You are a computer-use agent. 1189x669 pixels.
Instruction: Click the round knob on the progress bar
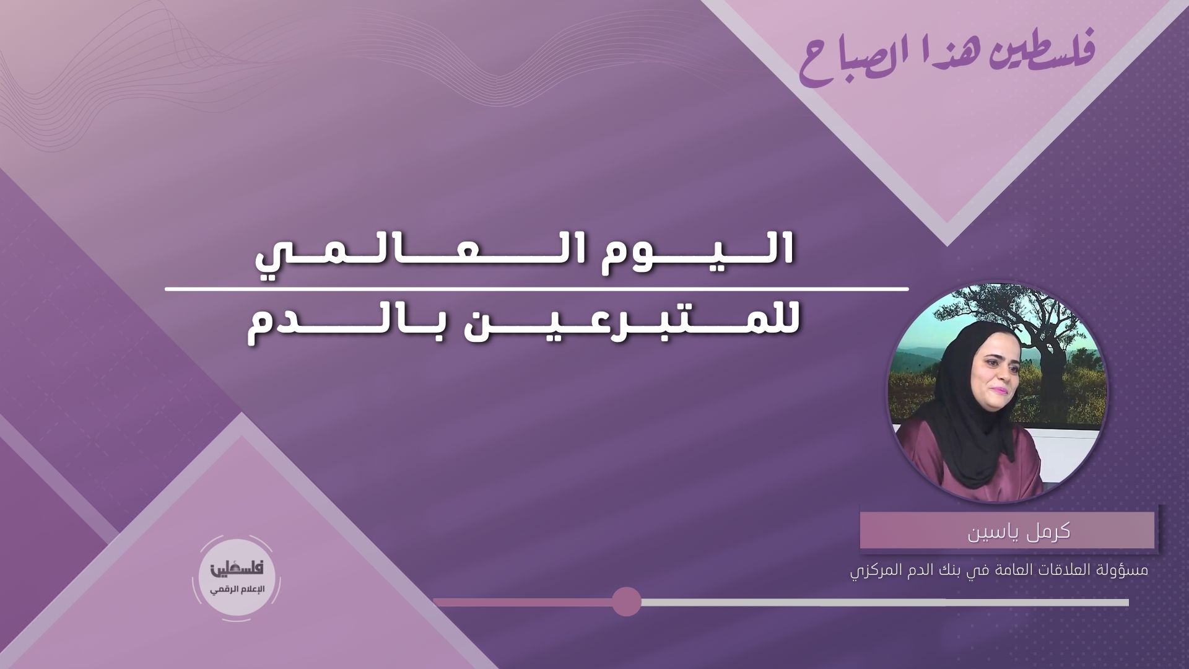(626, 602)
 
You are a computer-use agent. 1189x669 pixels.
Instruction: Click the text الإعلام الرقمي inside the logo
(238, 588)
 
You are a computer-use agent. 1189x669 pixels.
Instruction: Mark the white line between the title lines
(536, 289)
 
